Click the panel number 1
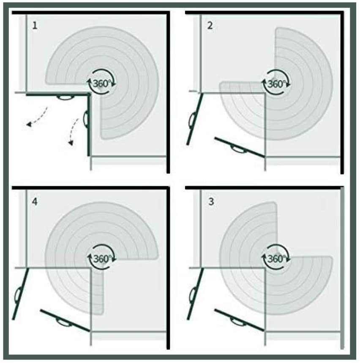pos(35,25)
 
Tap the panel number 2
pos(210,25)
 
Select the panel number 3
pos(211,202)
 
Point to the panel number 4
pos(35,202)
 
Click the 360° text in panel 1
pos(101,83)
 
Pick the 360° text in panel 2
pos(276,84)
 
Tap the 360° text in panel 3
pos(276,258)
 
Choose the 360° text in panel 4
pos(102,258)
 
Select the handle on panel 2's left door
pos(192,120)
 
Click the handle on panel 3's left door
pos(192,295)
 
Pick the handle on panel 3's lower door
pos(238,321)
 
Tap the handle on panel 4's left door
pos(18,295)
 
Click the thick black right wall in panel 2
pos(342,92)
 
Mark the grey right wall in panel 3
pos(342,268)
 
